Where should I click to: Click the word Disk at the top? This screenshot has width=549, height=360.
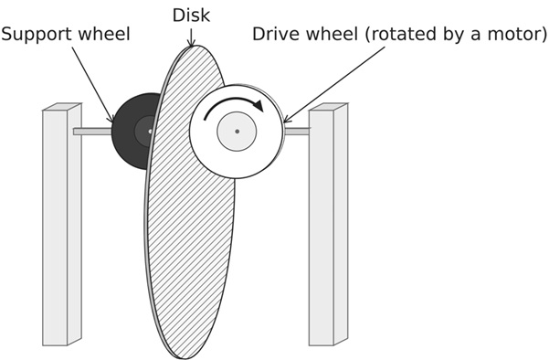coord(191,16)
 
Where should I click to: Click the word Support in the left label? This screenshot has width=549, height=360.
coord(37,35)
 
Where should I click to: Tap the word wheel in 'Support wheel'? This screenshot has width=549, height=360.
coord(104,34)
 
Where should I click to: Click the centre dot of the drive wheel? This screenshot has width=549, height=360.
coord(237,132)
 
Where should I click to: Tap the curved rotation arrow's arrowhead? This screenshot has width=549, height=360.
coord(259,105)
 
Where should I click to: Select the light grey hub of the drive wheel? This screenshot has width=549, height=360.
coord(237,132)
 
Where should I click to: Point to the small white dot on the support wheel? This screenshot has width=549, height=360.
coord(150,132)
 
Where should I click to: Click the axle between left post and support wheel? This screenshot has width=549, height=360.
coord(92,132)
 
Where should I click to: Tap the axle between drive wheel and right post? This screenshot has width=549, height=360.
coord(297,132)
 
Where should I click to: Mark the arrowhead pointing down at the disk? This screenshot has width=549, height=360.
coord(191,43)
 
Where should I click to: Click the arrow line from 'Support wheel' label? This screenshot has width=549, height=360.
coord(93,85)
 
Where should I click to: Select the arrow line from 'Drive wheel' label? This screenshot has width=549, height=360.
coord(333,85)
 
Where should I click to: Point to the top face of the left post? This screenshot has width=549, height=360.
coord(62,107)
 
